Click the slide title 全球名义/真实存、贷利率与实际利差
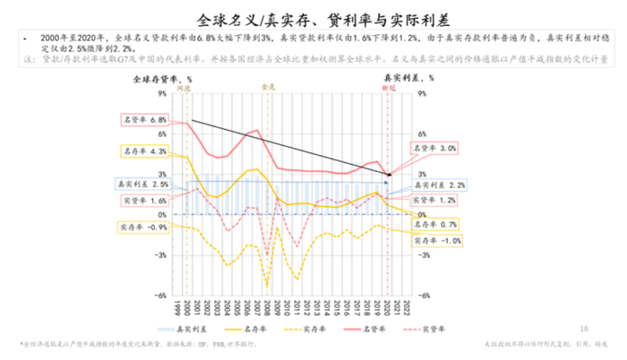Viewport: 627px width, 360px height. (x=313, y=18)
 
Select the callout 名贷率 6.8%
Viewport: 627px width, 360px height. (x=144, y=120)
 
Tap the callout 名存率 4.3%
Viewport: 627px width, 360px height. (x=144, y=151)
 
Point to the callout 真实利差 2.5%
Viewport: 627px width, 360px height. (x=142, y=184)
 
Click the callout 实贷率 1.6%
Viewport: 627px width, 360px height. (x=144, y=201)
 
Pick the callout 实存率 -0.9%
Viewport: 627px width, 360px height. (x=143, y=227)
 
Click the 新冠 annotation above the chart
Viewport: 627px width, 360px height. (x=387, y=90)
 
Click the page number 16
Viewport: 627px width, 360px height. (x=585, y=328)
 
